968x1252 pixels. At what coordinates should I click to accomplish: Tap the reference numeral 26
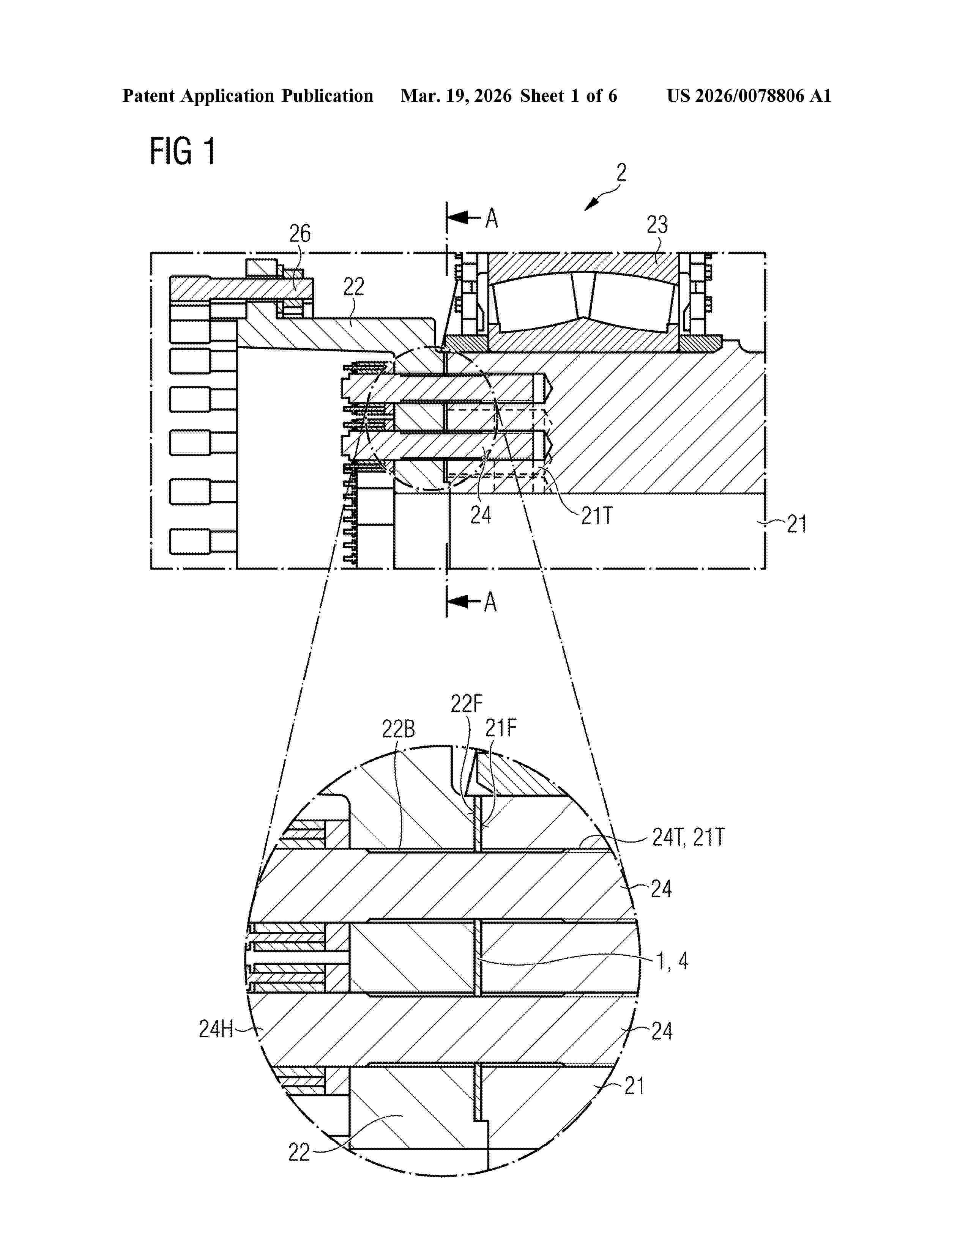click(300, 233)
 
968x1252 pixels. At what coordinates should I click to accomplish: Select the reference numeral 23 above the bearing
click(657, 225)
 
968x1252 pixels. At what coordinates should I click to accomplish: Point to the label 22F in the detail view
click(466, 703)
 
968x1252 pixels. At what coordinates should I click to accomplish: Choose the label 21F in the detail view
click(501, 728)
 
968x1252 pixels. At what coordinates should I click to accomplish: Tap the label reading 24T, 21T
click(688, 838)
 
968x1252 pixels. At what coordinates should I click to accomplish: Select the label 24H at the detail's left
click(216, 1029)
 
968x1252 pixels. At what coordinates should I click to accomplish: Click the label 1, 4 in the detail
click(672, 961)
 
